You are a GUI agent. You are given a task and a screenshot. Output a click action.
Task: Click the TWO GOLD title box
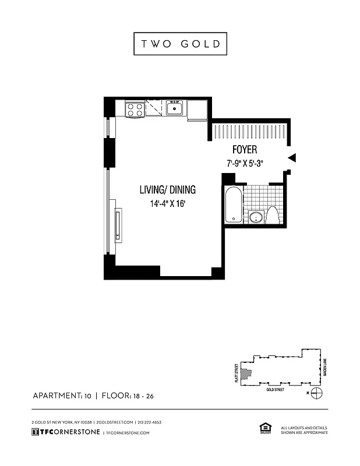click(x=179, y=44)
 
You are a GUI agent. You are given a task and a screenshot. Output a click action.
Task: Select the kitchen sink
click(x=174, y=108)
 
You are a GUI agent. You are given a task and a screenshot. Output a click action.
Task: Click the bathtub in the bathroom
click(x=232, y=204)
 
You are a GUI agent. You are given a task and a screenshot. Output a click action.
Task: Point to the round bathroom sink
click(x=255, y=218)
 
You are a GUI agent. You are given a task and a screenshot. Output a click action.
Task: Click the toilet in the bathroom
click(x=273, y=216)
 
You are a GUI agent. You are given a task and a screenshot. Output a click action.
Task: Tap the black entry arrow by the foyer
click(x=292, y=157)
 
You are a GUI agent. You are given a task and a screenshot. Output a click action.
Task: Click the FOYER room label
click(x=245, y=150)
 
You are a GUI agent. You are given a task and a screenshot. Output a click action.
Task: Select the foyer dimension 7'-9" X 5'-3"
click(x=245, y=164)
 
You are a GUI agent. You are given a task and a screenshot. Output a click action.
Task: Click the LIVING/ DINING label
click(x=167, y=189)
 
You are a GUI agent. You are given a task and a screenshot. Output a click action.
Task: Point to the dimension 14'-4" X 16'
click(x=167, y=204)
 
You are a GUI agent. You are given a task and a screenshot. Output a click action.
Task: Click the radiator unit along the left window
click(x=118, y=224)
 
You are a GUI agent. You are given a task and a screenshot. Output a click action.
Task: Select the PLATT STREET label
click(x=236, y=373)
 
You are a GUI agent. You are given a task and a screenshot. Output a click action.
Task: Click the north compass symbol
click(x=316, y=393)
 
